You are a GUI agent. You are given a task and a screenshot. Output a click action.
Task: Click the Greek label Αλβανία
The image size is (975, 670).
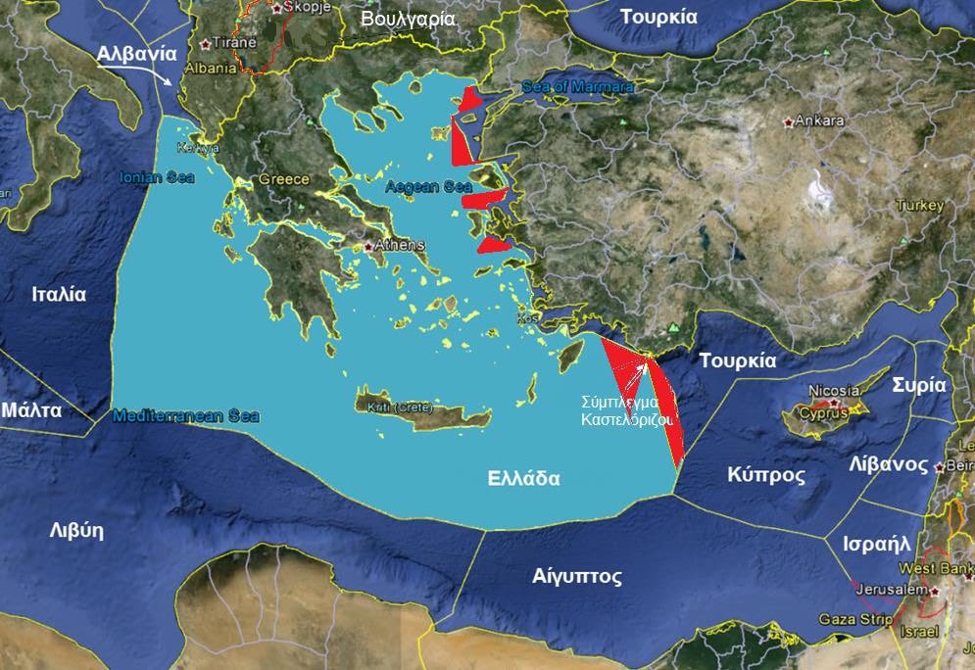coord(137,55)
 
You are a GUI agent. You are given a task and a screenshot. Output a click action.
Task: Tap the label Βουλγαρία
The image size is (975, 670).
coord(408,19)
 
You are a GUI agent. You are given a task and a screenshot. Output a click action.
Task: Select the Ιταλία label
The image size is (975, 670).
coord(59,294)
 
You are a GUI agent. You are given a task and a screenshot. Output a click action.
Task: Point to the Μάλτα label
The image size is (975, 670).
coord(31,409)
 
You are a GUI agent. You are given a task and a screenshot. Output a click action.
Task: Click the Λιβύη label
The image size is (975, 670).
coord(76,531)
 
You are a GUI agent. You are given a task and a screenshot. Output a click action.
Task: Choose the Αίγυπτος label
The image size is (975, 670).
coord(577,576)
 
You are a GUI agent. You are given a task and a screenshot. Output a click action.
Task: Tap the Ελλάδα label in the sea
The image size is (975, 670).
coord(524,479)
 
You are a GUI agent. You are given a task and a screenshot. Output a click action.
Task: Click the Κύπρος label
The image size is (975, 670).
coord(766,475)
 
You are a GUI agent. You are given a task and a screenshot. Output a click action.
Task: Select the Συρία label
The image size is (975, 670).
coord(918,384)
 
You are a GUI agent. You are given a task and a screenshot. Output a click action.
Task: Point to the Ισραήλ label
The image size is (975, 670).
coord(877,544)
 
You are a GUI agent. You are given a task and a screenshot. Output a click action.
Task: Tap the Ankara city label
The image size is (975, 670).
coord(820,120)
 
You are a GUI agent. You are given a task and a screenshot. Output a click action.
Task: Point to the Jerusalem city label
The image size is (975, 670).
coord(891,591)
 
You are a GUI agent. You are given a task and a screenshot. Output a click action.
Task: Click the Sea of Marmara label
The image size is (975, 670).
coord(578,87)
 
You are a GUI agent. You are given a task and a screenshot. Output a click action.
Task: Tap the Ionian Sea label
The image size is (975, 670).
coord(157,177)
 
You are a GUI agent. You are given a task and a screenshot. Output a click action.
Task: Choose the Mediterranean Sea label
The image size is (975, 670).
coord(186,415)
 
